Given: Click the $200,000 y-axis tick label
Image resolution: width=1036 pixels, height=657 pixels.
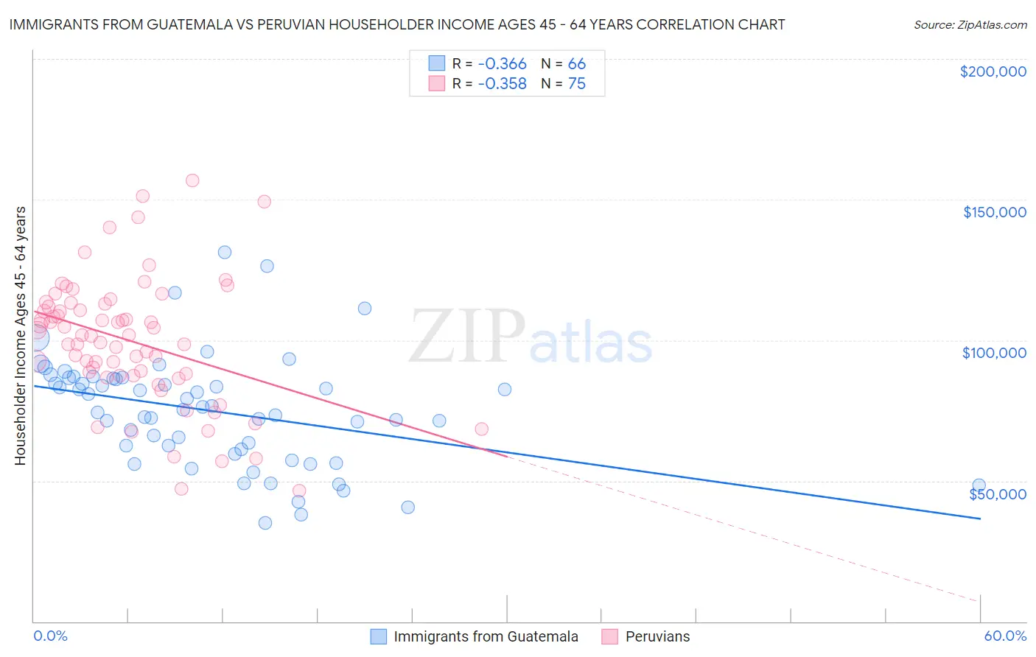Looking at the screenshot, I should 993,71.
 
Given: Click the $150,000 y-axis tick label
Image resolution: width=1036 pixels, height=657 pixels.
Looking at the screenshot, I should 994,212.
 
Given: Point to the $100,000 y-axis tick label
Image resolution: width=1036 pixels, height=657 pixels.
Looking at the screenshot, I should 994,353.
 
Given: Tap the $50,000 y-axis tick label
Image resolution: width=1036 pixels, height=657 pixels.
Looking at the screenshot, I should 997,493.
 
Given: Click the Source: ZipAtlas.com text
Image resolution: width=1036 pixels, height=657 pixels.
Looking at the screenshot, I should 970,24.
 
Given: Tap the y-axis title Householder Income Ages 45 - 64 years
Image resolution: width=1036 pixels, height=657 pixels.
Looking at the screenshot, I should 20,336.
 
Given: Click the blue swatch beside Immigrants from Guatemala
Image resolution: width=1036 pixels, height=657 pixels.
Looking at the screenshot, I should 379,636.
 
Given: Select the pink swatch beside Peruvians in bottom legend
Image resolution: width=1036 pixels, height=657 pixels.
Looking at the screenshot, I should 609,636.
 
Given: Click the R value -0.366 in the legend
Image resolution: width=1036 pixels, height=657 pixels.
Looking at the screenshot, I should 502,63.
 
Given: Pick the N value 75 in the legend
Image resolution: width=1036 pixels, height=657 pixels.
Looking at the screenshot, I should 576,84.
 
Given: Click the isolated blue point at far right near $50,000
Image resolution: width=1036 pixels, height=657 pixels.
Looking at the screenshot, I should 979,485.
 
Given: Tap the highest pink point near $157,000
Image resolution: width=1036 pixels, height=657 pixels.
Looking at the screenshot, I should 192,180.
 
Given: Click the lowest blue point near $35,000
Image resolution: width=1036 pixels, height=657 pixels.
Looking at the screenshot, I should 265,523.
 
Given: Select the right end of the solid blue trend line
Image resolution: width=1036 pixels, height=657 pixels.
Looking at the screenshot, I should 980,519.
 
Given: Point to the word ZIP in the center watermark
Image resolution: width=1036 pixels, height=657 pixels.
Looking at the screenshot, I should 466,337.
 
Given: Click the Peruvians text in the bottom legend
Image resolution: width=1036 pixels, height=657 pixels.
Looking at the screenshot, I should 657,636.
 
